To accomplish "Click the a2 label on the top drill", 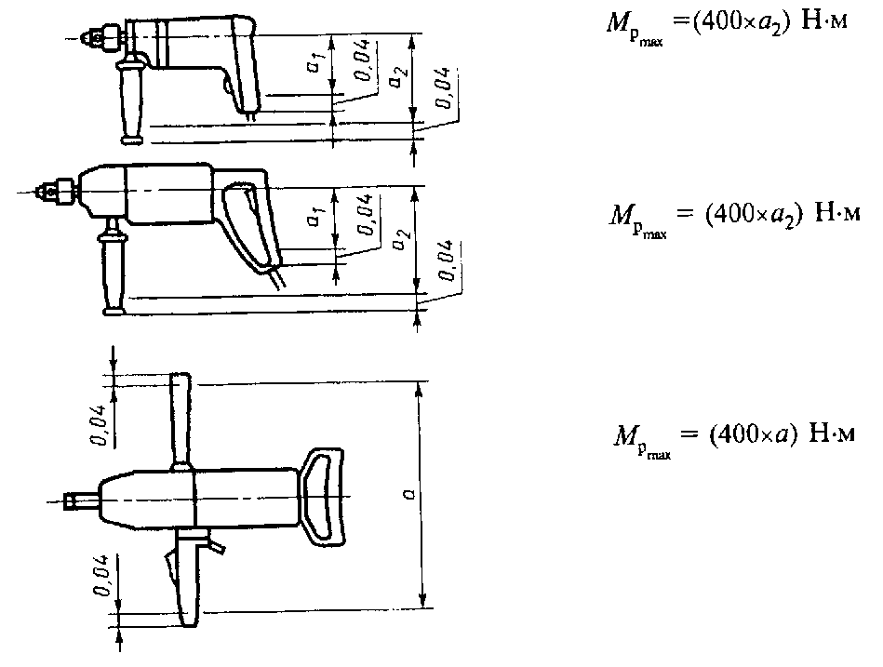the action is tap(396, 79).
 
